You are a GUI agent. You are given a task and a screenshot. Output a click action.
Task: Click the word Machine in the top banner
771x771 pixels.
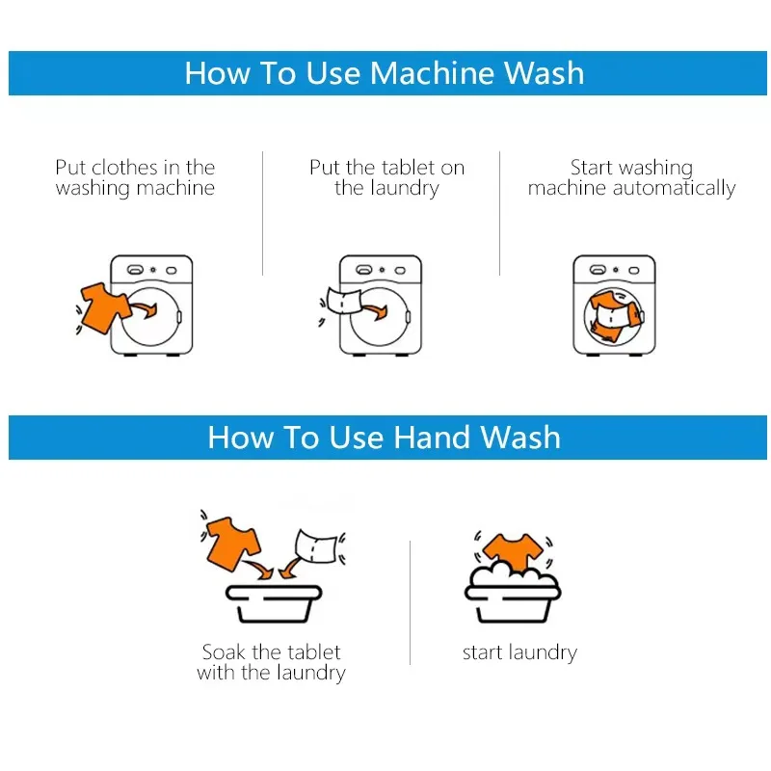tap(430, 73)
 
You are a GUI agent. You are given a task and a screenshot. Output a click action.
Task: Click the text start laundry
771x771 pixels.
tap(519, 652)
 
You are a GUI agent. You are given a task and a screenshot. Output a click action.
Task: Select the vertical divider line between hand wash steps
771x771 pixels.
tap(411, 602)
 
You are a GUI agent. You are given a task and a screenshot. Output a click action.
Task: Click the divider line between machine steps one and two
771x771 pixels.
tap(262, 212)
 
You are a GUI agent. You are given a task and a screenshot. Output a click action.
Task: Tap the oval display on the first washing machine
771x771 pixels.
tap(137, 270)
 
